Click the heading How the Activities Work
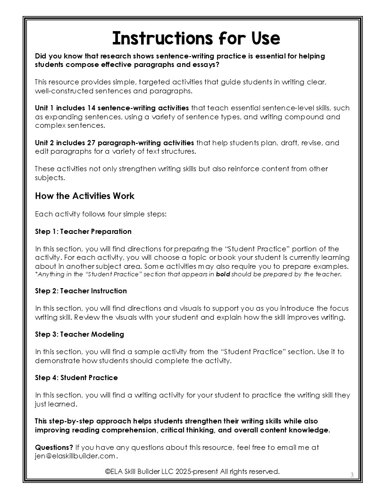coord(84,196)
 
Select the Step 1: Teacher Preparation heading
coord(83,232)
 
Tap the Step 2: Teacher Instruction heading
coord(81,291)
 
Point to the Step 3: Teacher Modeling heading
coord(79,334)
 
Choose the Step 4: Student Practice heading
coord(76,378)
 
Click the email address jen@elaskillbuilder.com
coord(75,456)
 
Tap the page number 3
coord(352,474)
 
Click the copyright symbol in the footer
coord(108,471)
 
